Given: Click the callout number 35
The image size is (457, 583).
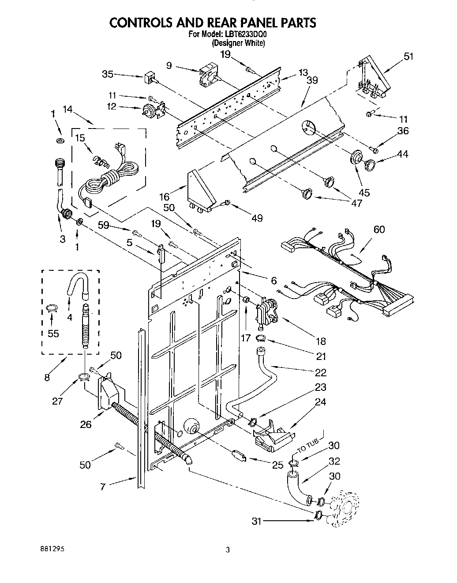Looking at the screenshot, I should coord(108,74).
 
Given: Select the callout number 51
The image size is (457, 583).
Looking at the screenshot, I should coord(408,56).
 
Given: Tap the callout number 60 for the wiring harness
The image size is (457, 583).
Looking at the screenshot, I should coord(379,229).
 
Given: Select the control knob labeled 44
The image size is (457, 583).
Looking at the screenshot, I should coord(370,165).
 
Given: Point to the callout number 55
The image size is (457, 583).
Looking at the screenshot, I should coord(53,333).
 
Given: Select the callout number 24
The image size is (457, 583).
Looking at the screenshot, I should coord(321,402).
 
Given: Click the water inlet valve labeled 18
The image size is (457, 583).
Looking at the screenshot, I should coord(266,311).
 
